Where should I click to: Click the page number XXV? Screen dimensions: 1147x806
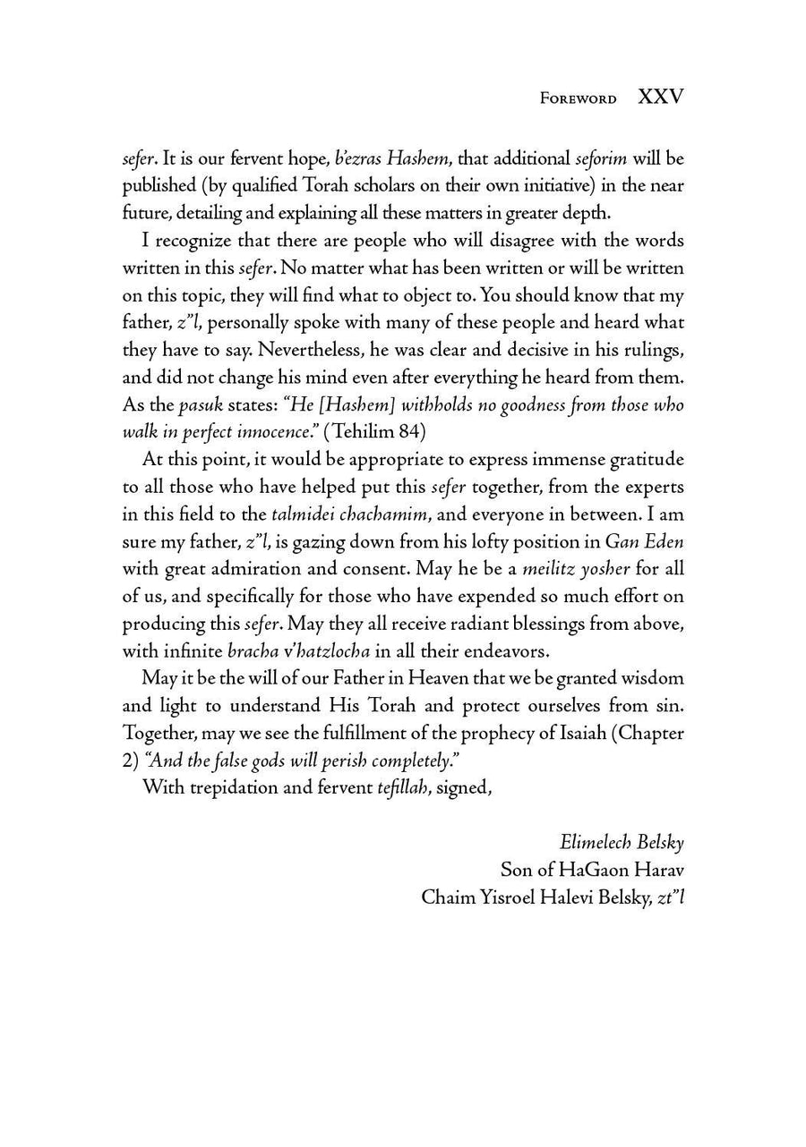click(x=660, y=98)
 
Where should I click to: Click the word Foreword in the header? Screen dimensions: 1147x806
click(x=578, y=99)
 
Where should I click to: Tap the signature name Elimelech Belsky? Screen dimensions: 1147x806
click(x=622, y=842)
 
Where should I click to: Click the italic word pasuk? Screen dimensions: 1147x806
click(x=201, y=404)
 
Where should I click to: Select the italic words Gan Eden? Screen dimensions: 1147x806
click(x=644, y=540)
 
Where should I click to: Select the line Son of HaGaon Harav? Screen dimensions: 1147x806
click(x=592, y=869)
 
